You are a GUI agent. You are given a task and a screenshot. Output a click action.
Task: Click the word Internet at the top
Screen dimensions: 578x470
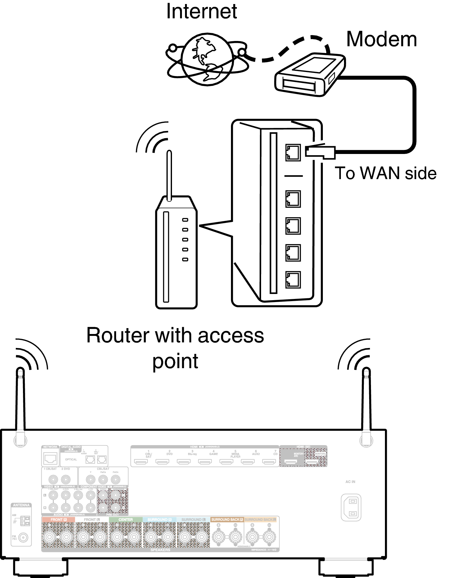(x=201, y=11)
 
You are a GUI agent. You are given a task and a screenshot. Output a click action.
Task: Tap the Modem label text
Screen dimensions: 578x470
(x=381, y=39)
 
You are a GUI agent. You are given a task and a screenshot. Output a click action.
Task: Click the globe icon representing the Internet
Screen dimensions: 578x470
(x=207, y=59)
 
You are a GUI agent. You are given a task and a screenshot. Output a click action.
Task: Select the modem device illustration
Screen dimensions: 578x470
(x=310, y=75)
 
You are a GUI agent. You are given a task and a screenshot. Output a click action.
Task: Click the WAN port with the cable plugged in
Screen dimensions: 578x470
(x=293, y=152)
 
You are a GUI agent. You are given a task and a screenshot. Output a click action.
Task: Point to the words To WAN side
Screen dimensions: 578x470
(x=385, y=173)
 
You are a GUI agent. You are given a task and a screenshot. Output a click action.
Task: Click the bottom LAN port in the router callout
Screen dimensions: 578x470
(x=293, y=280)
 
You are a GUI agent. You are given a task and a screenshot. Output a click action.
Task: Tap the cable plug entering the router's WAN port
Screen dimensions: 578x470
(x=320, y=152)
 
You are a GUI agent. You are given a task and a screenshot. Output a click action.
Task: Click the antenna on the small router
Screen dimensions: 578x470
(x=169, y=175)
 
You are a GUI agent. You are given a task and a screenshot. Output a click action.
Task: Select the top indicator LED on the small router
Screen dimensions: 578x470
(x=185, y=220)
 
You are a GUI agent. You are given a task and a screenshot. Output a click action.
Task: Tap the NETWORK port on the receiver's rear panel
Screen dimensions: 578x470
(x=50, y=458)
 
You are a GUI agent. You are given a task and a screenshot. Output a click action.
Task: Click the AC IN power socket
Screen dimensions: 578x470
(x=351, y=507)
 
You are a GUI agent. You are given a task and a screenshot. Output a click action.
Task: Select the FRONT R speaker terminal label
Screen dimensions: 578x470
(x=58, y=519)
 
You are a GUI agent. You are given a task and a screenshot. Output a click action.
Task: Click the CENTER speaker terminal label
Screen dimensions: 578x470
(x=125, y=519)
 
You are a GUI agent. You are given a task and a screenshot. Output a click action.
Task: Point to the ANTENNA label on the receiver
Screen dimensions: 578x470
(x=21, y=505)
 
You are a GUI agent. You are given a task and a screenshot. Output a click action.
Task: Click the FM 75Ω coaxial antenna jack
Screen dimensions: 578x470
(x=23, y=537)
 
